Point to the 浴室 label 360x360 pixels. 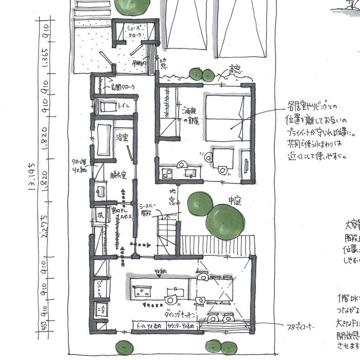coord(122,137)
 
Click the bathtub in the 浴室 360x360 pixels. coord(103,139)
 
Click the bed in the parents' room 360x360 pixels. coord(227,117)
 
